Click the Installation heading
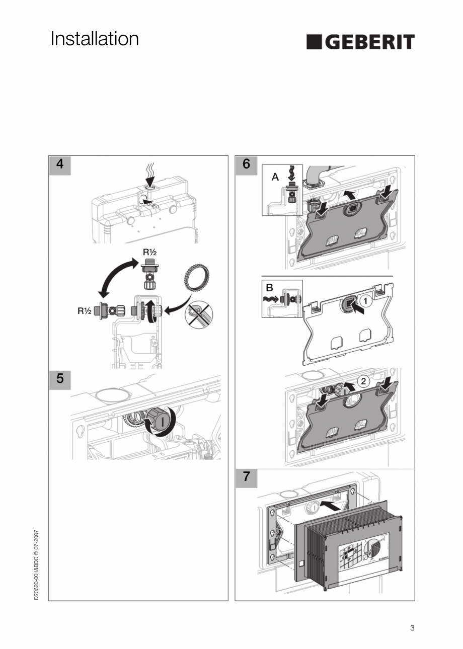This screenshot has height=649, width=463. tap(95, 39)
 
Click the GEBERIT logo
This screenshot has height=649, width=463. tap(360, 42)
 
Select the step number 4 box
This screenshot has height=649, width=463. tap(60, 165)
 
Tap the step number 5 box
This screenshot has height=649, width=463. tap(60, 379)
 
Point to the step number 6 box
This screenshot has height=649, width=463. tap(246, 165)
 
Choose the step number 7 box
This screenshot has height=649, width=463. tap(246, 477)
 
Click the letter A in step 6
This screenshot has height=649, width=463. tap(275, 177)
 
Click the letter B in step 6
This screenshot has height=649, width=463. tap(269, 288)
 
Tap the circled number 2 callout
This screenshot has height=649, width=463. tap(363, 381)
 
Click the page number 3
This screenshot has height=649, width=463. tap(412, 628)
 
